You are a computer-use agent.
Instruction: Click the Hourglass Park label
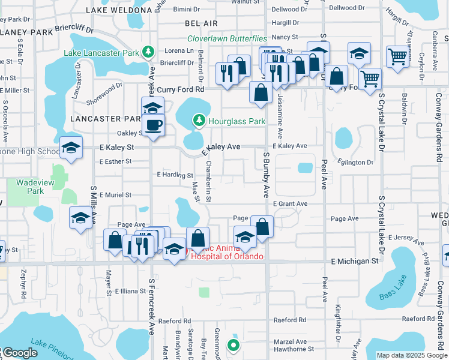pyautogui.click(x=237, y=121)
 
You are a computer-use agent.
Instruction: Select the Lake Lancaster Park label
pyautogui.click(x=103, y=52)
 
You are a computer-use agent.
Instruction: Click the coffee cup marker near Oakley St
pyautogui.click(x=154, y=125)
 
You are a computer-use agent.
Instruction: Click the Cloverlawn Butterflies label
pyautogui.click(x=227, y=38)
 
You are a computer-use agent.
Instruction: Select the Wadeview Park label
pyautogui.click(x=30, y=186)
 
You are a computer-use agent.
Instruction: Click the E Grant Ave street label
pyautogui.click(x=290, y=204)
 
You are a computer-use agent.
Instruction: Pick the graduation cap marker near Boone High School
pyautogui.click(x=71, y=148)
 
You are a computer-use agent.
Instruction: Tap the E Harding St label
pyautogui.click(x=174, y=175)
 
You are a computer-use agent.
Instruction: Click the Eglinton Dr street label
pyautogui.click(x=357, y=163)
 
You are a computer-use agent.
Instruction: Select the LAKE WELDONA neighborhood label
pyautogui.click(x=119, y=10)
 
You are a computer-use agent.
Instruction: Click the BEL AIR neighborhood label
pyautogui.click(x=201, y=22)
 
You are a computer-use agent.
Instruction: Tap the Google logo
pyautogui.click(x=20, y=353)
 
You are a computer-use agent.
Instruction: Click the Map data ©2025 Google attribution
pyautogui.click(x=411, y=355)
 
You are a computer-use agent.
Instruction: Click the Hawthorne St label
pyautogui.click(x=294, y=349)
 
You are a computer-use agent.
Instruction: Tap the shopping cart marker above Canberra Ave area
pyautogui.click(x=397, y=57)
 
